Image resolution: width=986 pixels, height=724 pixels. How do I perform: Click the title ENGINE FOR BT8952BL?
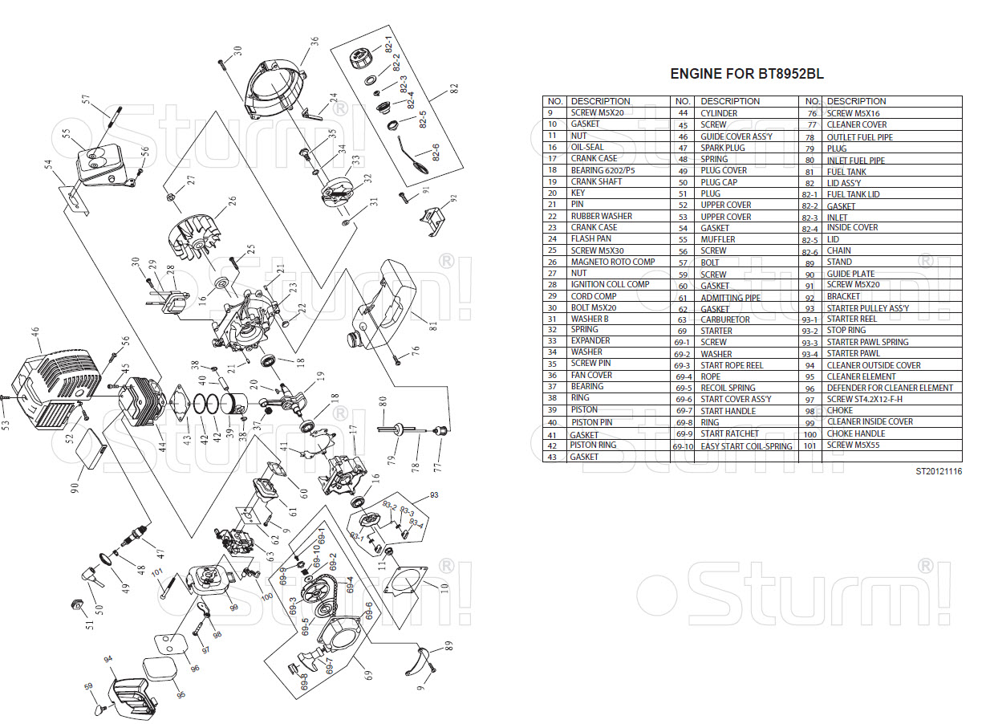click(746, 75)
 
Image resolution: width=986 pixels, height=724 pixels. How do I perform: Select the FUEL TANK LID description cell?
click(853, 194)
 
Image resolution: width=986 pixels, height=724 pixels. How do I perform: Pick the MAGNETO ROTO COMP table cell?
click(612, 262)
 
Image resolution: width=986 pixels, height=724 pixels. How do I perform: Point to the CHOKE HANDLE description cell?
click(855, 433)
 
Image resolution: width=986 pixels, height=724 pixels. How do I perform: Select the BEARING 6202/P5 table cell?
click(603, 170)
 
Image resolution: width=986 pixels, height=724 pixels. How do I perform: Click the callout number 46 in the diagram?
click(34, 331)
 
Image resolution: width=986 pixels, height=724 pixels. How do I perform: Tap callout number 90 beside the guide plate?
click(75, 487)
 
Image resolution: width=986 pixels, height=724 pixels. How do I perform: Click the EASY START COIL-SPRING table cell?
click(746, 446)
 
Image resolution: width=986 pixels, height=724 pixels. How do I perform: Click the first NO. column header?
click(554, 101)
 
